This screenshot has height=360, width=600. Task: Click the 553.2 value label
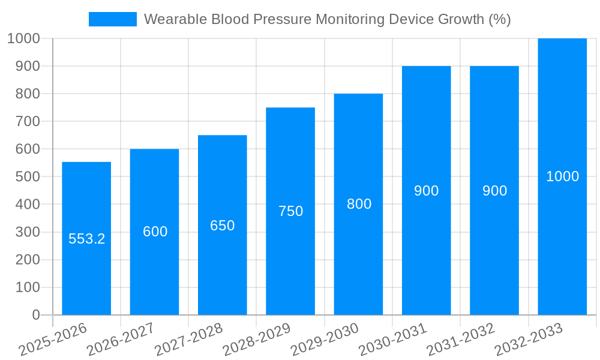(86, 239)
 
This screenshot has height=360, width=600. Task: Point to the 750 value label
(290, 211)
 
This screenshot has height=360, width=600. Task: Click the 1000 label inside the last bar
(562, 176)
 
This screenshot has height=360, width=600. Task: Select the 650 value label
(222, 226)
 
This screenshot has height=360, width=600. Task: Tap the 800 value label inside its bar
(359, 204)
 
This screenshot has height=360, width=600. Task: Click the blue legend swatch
(113, 19)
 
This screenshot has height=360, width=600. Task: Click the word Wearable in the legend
(175, 19)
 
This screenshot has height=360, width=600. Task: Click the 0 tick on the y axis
(35, 315)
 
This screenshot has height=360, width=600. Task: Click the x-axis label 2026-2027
(121, 339)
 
